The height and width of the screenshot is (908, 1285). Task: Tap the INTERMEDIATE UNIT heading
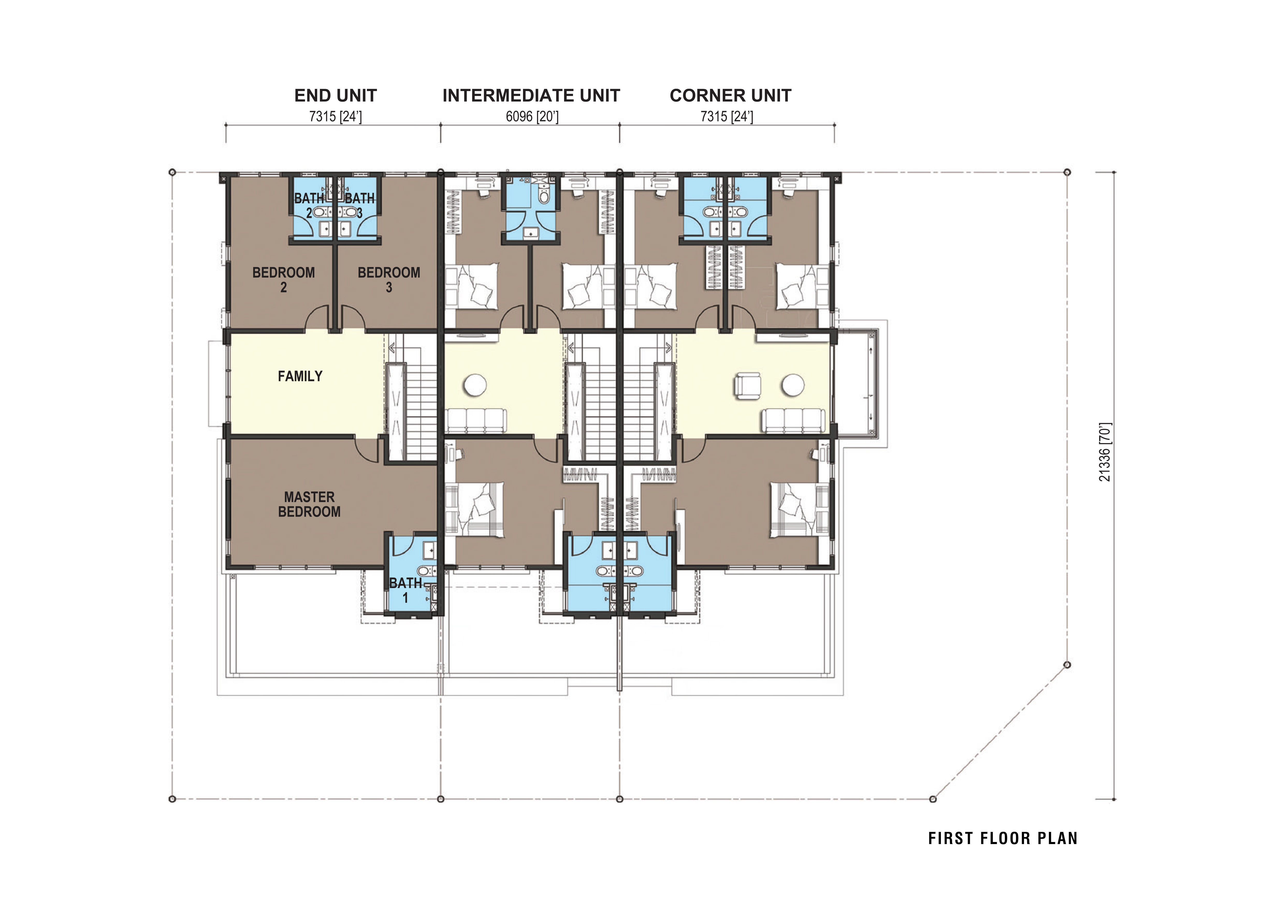tap(531, 96)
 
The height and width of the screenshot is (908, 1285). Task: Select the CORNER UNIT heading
tap(730, 96)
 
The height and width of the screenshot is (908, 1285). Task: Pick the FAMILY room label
tap(300, 376)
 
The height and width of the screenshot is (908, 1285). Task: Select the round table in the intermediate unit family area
tap(475, 385)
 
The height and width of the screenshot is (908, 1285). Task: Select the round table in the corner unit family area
tap(793, 385)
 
